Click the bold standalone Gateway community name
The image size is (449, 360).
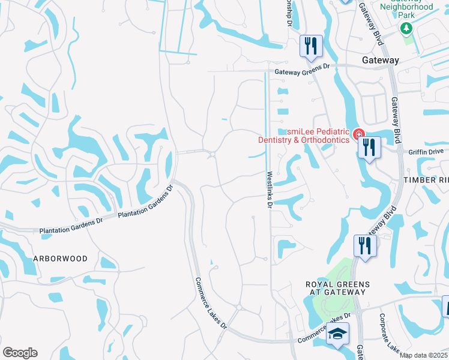381,61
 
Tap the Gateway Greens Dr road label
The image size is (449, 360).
303,73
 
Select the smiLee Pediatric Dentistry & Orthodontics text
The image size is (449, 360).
304,136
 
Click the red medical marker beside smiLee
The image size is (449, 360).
358,133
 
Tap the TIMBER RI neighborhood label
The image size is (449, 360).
426,180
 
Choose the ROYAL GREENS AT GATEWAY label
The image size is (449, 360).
336,288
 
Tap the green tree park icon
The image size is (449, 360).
406,28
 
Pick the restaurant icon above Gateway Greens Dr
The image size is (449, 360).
311,46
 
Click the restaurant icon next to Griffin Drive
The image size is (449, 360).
369,147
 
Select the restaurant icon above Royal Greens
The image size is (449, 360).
364,245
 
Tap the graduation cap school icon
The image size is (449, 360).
338,334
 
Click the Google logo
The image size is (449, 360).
20,353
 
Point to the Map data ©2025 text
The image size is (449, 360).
424,355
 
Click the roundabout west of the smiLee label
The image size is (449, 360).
212,155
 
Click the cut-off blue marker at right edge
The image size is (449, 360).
445,307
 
